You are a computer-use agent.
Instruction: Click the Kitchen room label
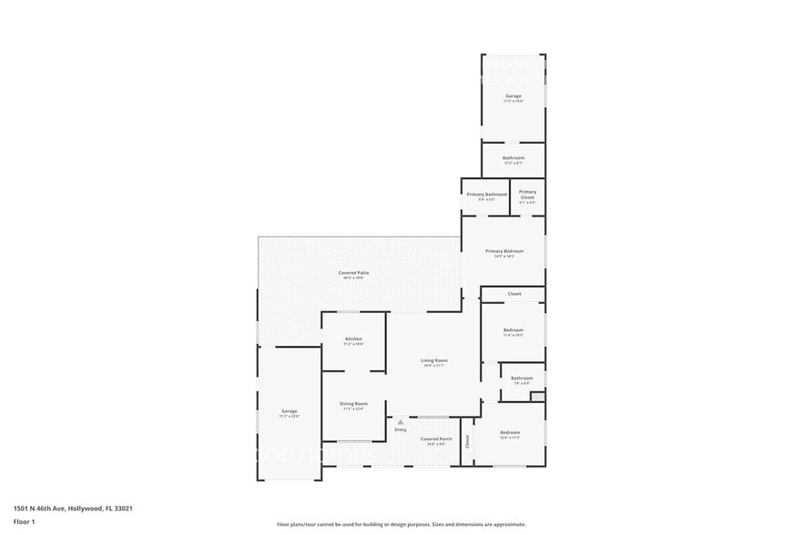pos(353,339)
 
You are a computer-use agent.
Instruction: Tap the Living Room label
pos(434,361)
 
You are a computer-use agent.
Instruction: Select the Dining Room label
pos(353,404)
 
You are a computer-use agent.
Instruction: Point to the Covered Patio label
pos(354,273)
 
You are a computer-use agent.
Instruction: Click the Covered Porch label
pos(436,439)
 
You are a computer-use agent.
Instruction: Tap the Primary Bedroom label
pos(504,251)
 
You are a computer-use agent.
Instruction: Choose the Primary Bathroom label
pos(486,195)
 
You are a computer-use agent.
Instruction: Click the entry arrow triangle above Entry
pos(401,422)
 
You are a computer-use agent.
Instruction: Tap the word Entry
pos(401,429)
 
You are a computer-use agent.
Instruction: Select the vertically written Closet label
pos(467,441)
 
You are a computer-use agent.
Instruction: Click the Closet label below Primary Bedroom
pos(514,294)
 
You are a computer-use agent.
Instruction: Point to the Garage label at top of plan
pos(513,96)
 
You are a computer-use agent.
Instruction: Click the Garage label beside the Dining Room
pos(289,411)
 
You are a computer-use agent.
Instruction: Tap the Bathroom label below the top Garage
pos(513,158)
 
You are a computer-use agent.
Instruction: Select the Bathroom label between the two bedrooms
pos(522,379)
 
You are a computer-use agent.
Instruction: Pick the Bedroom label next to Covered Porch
pos(510,432)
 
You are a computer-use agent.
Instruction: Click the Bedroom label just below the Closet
pos(513,329)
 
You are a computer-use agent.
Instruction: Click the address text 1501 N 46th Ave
pos(46,509)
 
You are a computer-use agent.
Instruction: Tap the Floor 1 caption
pos(24,521)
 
